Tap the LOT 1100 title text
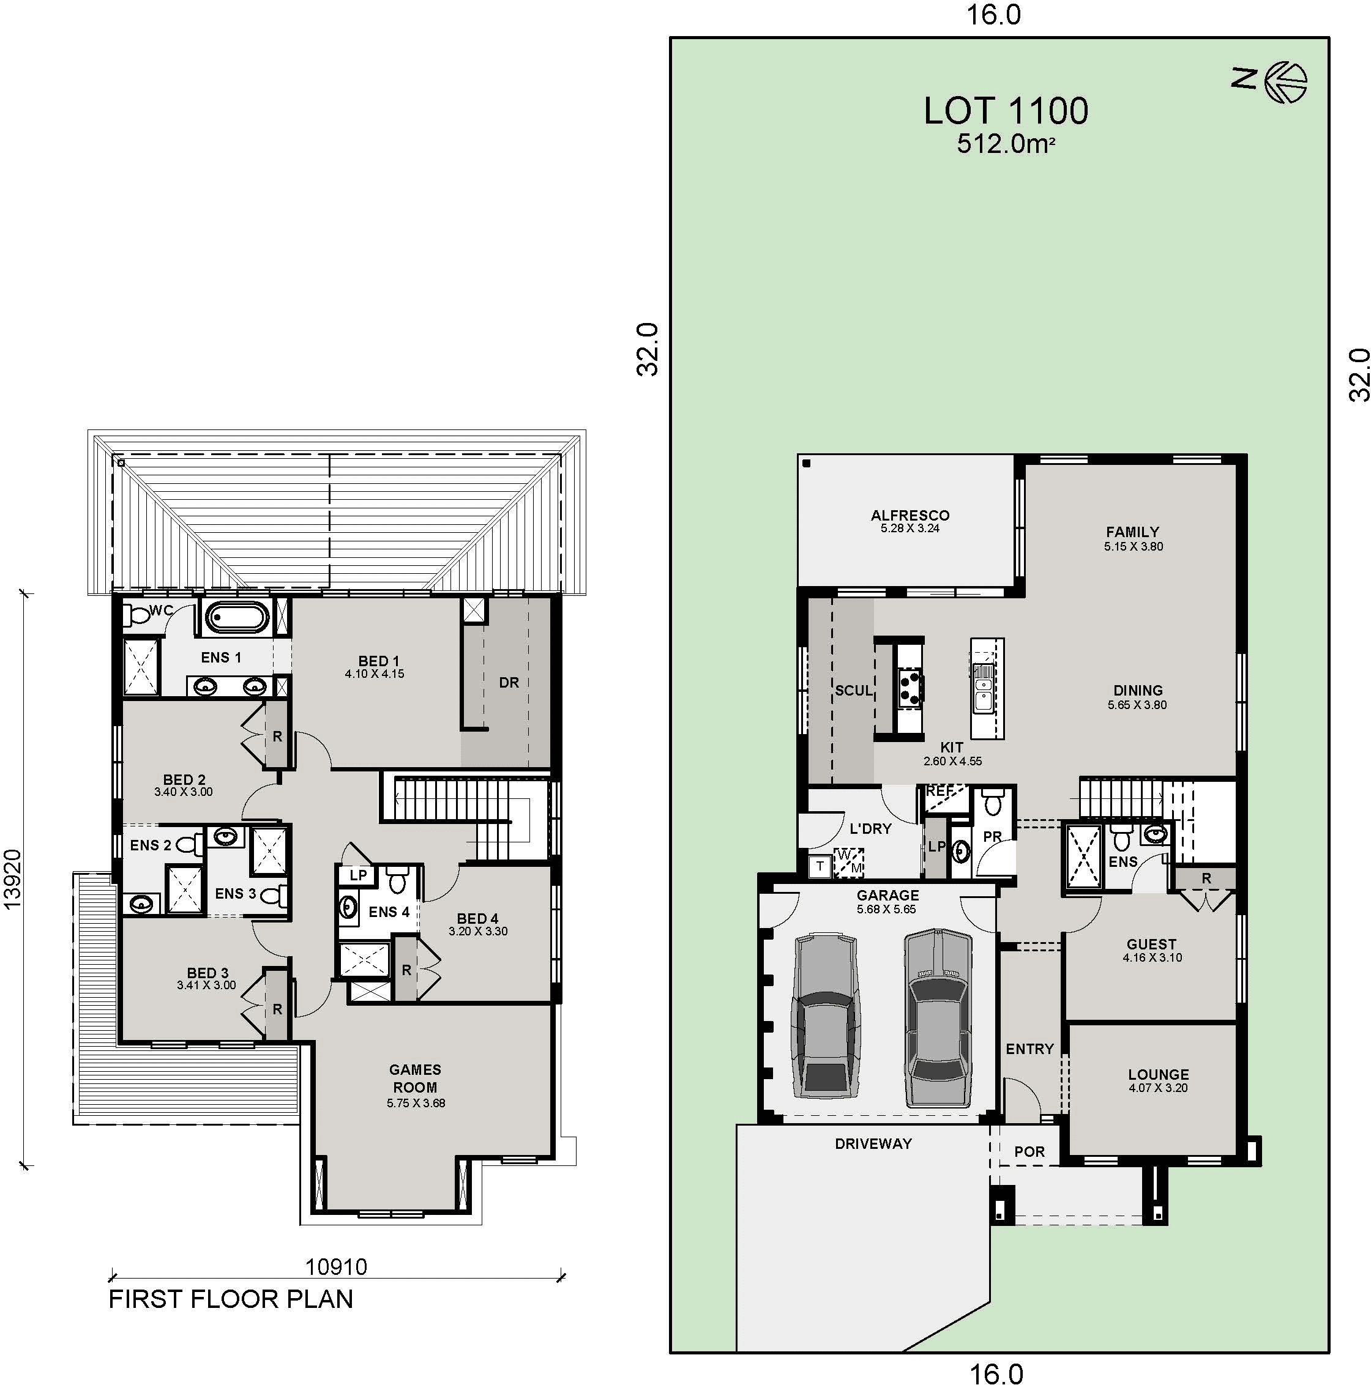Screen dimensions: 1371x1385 click(x=1006, y=111)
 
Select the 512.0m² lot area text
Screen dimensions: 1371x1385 click(x=1006, y=144)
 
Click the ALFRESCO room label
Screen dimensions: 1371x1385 click(x=910, y=514)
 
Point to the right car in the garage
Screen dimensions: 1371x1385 click(x=938, y=1019)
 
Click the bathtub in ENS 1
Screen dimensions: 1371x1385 click(x=236, y=617)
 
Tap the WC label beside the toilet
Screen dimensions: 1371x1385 click(x=162, y=611)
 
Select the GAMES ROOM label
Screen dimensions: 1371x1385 click(x=415, y=1078)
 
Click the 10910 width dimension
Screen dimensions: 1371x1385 click(x=336, y=1268)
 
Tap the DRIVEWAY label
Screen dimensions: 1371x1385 click(x=873, y=1143)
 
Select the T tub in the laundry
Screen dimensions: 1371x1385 click(x=820, y=866)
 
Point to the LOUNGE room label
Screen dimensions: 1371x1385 click(x=1158, y=1075)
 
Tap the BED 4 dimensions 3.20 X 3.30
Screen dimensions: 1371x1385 click(x=478, y=931)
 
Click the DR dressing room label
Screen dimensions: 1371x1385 click(x=509, y=683)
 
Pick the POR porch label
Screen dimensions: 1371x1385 click(x=1029, y=1151)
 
